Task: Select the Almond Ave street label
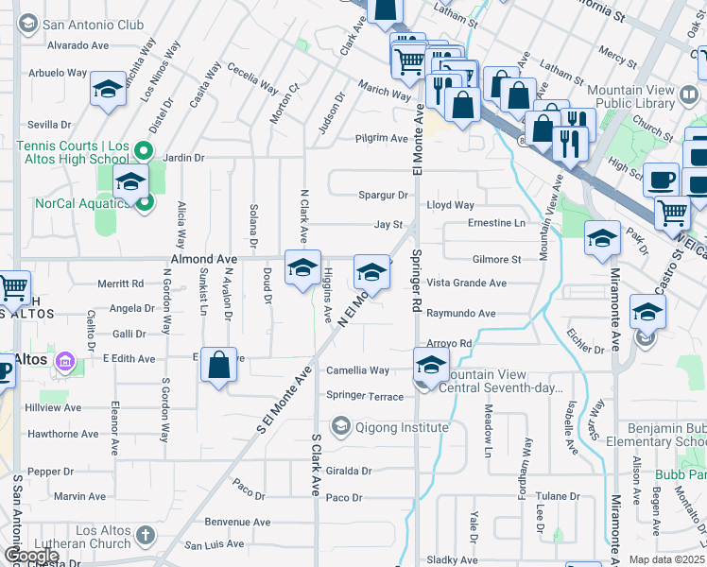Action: click(203, 258)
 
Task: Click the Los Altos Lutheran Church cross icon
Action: click(145, 536)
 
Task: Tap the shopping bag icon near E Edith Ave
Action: click(218, 366)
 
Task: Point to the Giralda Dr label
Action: click(349, 471)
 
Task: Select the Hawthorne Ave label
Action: click(63, 434)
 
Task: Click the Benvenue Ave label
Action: click(238, 522)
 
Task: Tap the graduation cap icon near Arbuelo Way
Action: click(108, 92)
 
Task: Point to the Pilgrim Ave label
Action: click(382, 138)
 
